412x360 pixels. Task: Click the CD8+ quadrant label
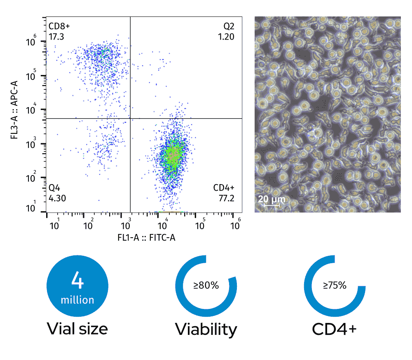pyautogui.click(x=59, y=26)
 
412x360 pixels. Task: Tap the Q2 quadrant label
pyautogui.click(x=229, y=26)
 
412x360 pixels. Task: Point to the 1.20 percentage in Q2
pyautogui.click(x=227, y=36)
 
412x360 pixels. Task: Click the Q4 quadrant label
pyautogui.click(x=54, y=188)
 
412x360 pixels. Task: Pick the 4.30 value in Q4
pyautogui.click(x=57, y=198)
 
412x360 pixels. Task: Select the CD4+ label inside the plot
pyautogui.click(x=224, y=188)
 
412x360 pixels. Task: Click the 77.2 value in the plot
pyautogui.click(x=227, y=198)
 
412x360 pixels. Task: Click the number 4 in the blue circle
pyautogui.click(x=77, y=280)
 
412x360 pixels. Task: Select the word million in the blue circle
pyautogui.click(x=77, y=299)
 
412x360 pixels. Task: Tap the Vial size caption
pyautogui.click(x=77, y=329)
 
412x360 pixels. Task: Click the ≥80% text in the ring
pyautogui.click(x=206, y=285)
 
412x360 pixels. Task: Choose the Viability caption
pyautogui.click(x=206, y=330)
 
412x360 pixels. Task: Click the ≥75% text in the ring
pyautogui.click(x=335, y=285)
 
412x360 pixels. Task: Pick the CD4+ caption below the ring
pyautogui.click(x=335, y=329)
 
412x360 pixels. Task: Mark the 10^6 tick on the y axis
pyautogui.click(x=32, y=42)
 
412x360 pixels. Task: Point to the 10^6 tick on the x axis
pyautogui.click(x=236, y=225)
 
